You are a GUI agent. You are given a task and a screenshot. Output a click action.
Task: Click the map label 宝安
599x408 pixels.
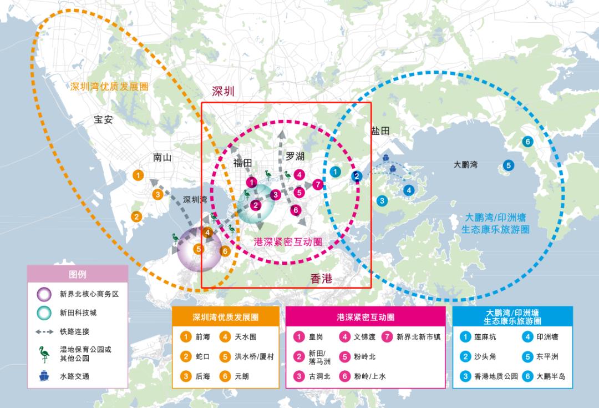coord(103,119)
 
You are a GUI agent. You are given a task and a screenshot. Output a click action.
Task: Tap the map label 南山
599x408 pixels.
coord(162,157)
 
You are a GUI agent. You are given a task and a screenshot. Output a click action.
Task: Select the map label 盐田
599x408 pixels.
coord(380,131)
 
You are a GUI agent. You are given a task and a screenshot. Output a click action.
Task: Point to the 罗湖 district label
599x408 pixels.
coord(295,156)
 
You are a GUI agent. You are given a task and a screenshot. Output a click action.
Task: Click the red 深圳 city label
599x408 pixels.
coord(224,92)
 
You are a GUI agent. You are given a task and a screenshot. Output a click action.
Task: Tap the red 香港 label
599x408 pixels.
coord(321,279)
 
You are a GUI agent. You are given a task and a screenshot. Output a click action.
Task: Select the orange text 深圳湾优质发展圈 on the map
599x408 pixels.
coord(110,87)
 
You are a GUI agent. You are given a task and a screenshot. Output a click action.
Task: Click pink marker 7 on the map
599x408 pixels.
coord(317,184)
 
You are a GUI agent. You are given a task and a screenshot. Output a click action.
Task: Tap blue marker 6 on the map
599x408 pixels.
coord(527,142)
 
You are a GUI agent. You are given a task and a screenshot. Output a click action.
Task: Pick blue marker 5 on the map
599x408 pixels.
coord(508,165)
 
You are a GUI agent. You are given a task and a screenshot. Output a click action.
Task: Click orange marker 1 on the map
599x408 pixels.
coord(138,175)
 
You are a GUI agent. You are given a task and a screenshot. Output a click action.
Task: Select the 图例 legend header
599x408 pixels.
coord(78,274)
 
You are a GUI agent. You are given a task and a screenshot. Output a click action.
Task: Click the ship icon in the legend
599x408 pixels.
coord(44,376)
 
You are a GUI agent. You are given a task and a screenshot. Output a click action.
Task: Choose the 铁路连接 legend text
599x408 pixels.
coord(74,332)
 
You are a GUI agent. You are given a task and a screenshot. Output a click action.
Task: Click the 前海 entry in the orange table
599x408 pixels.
coord(202,336)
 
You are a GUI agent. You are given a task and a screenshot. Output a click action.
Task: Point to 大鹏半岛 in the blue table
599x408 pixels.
coord(551,376)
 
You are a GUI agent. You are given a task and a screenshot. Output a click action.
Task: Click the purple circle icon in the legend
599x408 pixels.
coord(44,294)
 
